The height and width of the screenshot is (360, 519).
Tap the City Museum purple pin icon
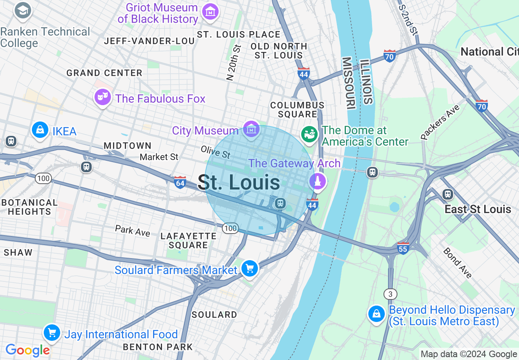(251, 130)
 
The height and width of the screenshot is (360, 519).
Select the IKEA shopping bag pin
(40, 130)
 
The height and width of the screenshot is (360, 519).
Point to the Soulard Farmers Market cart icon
(249, 269)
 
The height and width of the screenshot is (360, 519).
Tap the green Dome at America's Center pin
(309, 134)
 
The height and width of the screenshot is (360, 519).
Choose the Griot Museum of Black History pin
(210, 11)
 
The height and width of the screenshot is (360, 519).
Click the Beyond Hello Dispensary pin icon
(376, 314)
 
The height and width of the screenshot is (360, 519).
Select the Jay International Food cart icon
(52, 333)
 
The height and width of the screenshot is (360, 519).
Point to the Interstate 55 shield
(403, 248)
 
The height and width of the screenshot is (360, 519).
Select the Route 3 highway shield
(390, 294)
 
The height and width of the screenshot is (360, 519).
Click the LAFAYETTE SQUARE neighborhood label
(189, 241)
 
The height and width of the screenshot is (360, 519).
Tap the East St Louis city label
(478, 209)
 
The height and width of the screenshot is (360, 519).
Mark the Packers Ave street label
(440, 122)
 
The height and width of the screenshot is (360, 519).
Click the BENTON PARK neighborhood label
(158, 347)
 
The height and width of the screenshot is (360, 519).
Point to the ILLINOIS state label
(367, 82)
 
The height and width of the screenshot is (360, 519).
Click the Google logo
(27, 351)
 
